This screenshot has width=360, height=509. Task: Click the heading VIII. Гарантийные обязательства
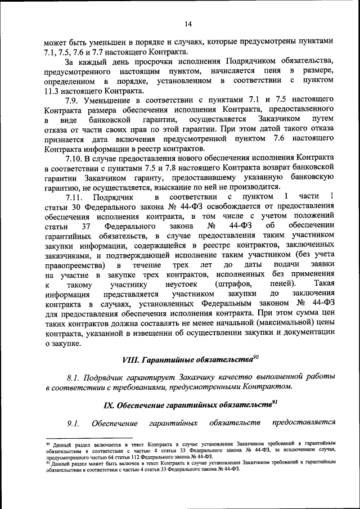(x=186, y=359)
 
